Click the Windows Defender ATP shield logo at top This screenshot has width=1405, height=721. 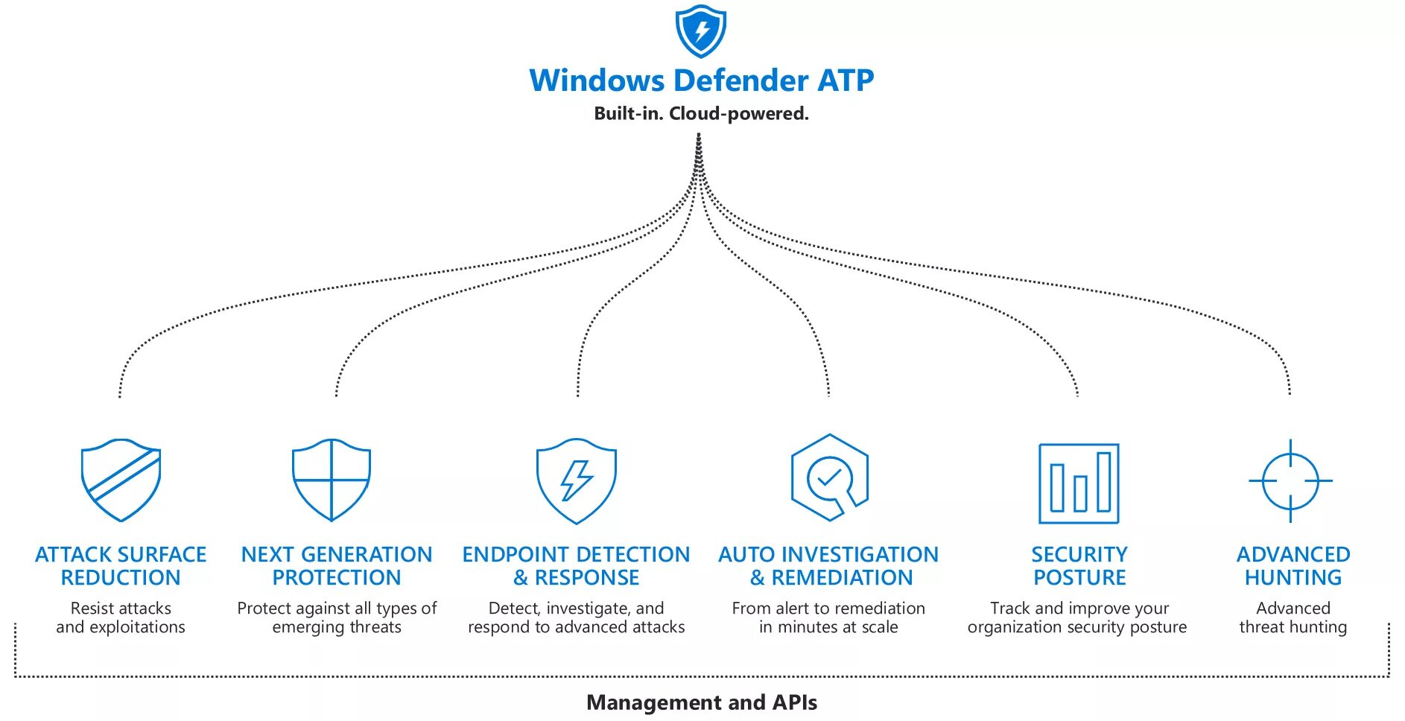pyautogui.click(x=700, y=31)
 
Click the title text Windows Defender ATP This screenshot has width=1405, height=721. pyautogui.click(x=702, y=80)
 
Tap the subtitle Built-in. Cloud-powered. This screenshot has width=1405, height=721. pyautogui.click(x=701, y=114)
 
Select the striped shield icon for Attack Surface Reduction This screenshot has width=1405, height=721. pyautogui.click(x=121, y=480)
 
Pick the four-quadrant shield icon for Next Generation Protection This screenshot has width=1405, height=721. pyautogui.click(x=332, y=480)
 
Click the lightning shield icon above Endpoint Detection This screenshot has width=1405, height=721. pyautogui.click(x=577, y=480)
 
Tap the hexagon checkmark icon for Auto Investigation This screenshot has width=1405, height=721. pyautogui.click(x=829, y=477)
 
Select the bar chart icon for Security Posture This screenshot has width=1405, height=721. pyautogui.click(x=1079, y=483)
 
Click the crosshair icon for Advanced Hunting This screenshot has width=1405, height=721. pyautogui.click(x=1291, y=481)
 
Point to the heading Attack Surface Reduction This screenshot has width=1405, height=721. pyautogui.click(x=121, y=566)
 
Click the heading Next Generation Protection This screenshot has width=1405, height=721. pyautogui.click(x=337, y=566)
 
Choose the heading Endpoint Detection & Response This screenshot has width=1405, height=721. pyautogui.click(x=576, y=566)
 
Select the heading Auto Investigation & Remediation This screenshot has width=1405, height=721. pyautogui.click(x=828, y=566)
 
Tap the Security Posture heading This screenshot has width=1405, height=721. pyautogui.click(x=1079, y=566)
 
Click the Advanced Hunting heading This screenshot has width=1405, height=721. pyautogui.click(x=1293, y=566)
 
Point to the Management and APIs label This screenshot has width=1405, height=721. pyautogui.click(x=702, y=702)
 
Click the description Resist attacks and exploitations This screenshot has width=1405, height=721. pyautogui.click(x=121, y=617)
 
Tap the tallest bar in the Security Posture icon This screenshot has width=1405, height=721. pyautogui.click(x=1104, y=481)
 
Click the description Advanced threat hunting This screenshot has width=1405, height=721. pyautogui.click(x=1293, y=617)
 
